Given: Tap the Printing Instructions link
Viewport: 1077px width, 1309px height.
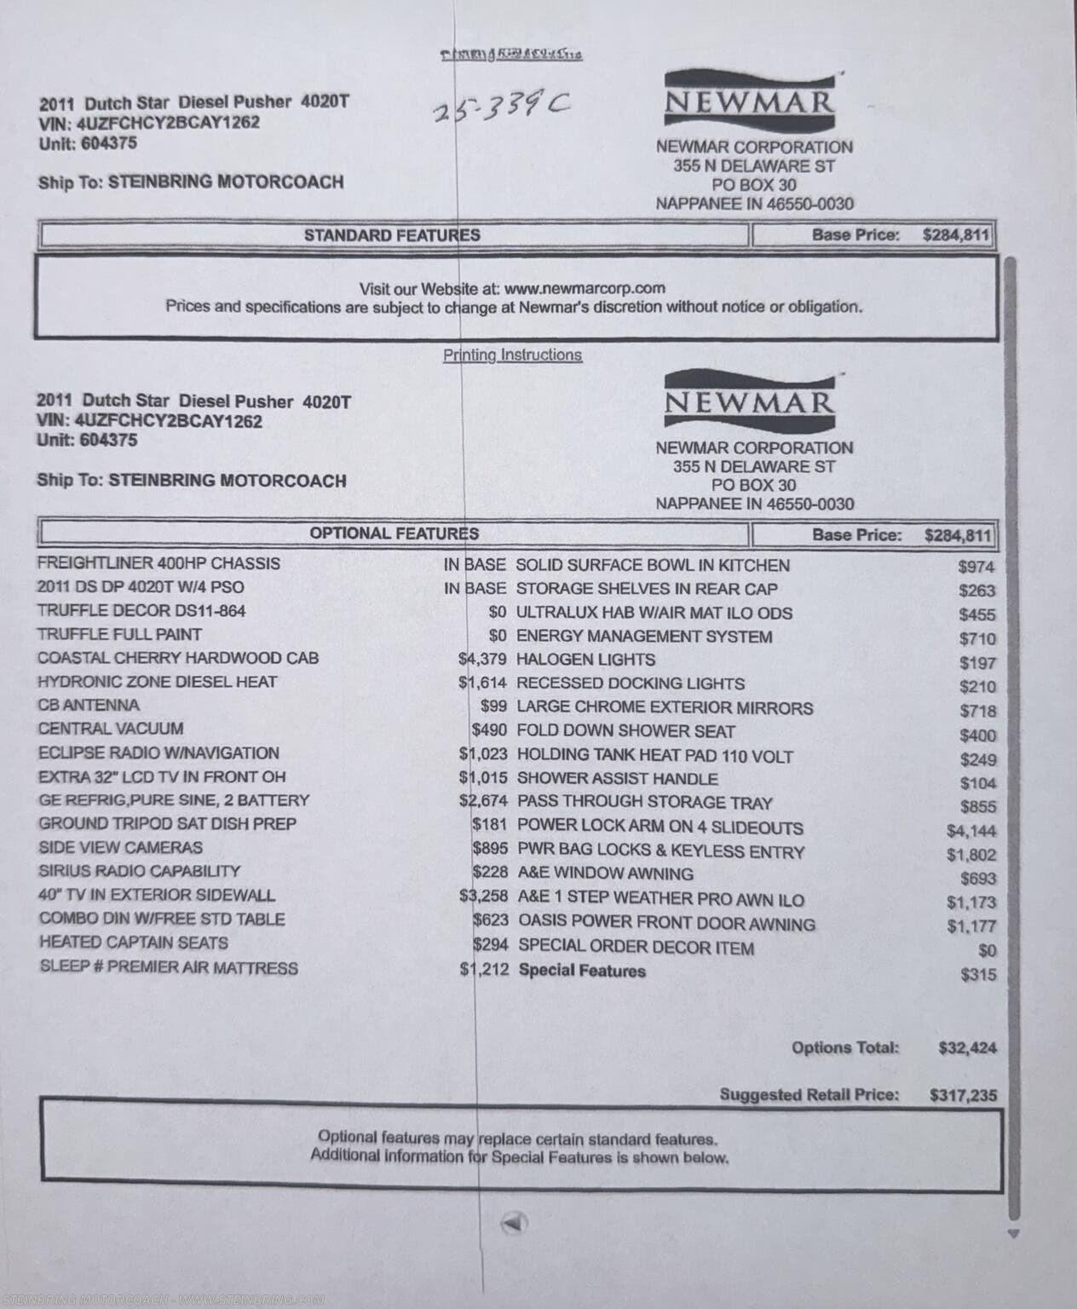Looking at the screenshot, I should pyautogui.click(x=512, y=355).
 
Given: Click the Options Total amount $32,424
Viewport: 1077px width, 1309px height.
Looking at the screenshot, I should pyautogui.click(x=967, y=1048).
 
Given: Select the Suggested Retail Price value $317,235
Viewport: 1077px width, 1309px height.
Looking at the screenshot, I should pyautogui.click(x=963, y=1095).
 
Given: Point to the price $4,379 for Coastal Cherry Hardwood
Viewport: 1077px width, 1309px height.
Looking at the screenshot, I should pyautogui.click(x=482, y=659).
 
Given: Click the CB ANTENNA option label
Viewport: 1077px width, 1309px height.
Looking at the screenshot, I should pyautogui.click(x=89, y=706).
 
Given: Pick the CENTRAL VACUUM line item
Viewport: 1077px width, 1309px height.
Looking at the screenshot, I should pyautogui.click(x=111, y=729).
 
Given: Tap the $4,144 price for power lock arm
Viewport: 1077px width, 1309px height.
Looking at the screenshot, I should pyautogui.click(x=970, y=831).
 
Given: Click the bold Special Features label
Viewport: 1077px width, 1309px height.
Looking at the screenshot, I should pyautogui.click(x=582, y=971).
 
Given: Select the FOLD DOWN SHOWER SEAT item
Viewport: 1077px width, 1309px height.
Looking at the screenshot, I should pyautogui.click(x=625, y=731).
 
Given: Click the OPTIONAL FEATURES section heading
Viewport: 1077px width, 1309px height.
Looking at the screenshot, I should pyautogui.click(x=394, y=534).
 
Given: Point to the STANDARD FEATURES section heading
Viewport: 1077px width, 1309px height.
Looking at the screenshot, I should pyautogui.click(x=392, y=235).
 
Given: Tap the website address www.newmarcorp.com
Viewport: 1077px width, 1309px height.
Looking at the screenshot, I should pyautogui.click(x=585, y=289).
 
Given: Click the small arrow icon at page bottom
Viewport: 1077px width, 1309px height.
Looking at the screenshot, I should pyautogui.click(x=514, y=1223).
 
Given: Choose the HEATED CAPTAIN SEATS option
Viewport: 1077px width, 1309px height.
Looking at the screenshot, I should pyautogui.click(x=134, y=943).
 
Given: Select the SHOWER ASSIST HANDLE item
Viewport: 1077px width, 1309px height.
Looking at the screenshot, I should pyautogui.click(x=617, y=779).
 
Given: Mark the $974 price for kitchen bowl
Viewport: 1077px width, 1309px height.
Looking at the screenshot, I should pyautogui.click(x=976, y=567).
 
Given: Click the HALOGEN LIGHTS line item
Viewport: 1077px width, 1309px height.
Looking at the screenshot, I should pyautogui.click(x=585, y=660).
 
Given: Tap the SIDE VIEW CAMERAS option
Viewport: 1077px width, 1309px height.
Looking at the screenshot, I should pyautogui.click(x=121, y=848).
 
